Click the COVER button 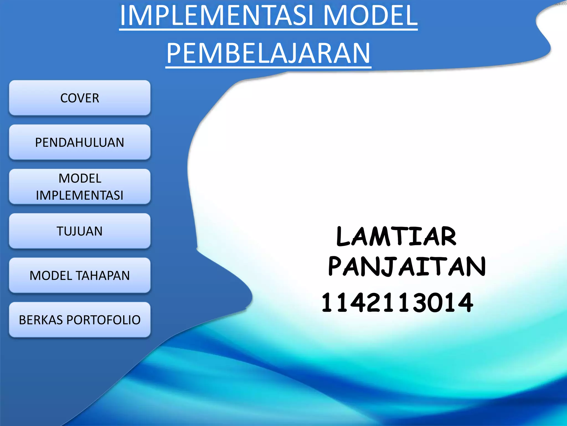pyautogui.click(x=80, y=98)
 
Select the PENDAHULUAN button pyautogui.click(x=80, y=142)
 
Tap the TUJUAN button pyautogui.click(x=80, y=231)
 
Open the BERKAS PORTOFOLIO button pyautogui.click(x=80, y=320)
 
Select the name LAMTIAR pyautogui.click(x=396, y=236)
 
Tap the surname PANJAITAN pyautogui.click(x=407, y=267)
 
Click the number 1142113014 pyautogui.click(x=397, y=303)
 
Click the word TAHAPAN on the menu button pyautogui.click(x=103, y=276)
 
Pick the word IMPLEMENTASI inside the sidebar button pyautogui.click(x=80, y=195)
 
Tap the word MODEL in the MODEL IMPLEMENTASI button pyautogui.click(x=80, y=178)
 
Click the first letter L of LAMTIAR pyautogui.click(x=344, y=237)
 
